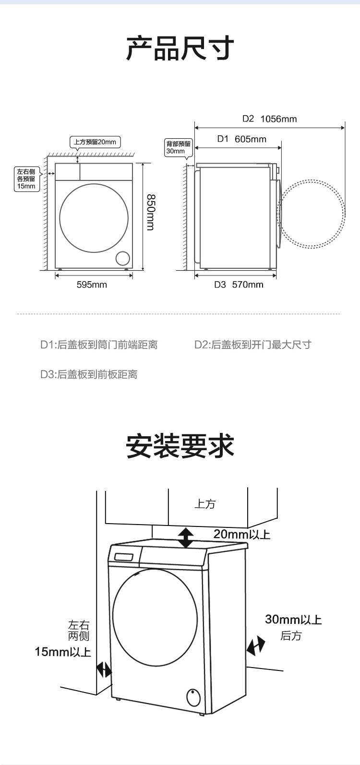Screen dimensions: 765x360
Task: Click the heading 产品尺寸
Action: click(x=180, y=48)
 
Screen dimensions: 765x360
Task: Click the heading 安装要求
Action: click(x=180, y=446)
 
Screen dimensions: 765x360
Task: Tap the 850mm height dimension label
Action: click(x=150, y=212)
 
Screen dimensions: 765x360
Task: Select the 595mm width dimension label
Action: click(x=92, y=285)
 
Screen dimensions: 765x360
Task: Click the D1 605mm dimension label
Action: click(x=241, y=139)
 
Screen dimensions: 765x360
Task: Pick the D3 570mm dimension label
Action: click(x=239, y=285)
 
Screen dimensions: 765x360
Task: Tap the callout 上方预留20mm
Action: click(x=95, y=142)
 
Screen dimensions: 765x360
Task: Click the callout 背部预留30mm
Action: click(x=178, y=147)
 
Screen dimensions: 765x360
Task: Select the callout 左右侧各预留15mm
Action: click(x=26, y=179)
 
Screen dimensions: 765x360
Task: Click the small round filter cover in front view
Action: click(x=122, y=258)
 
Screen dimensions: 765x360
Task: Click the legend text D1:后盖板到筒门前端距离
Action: click(x=99, y=345)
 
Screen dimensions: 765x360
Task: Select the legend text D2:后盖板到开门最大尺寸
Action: click(x=252, y=345)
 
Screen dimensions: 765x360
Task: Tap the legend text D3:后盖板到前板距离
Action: click(x=89, y=374)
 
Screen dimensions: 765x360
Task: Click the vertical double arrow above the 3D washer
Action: click(x=185, y=538)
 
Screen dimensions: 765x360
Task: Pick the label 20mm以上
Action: click(x=242, y=534)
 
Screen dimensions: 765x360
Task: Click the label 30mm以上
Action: click(x=293, y=620)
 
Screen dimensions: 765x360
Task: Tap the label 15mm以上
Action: click(x=63, y=652)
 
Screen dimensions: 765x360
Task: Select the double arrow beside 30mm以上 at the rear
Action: click(x=255, y=645)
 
